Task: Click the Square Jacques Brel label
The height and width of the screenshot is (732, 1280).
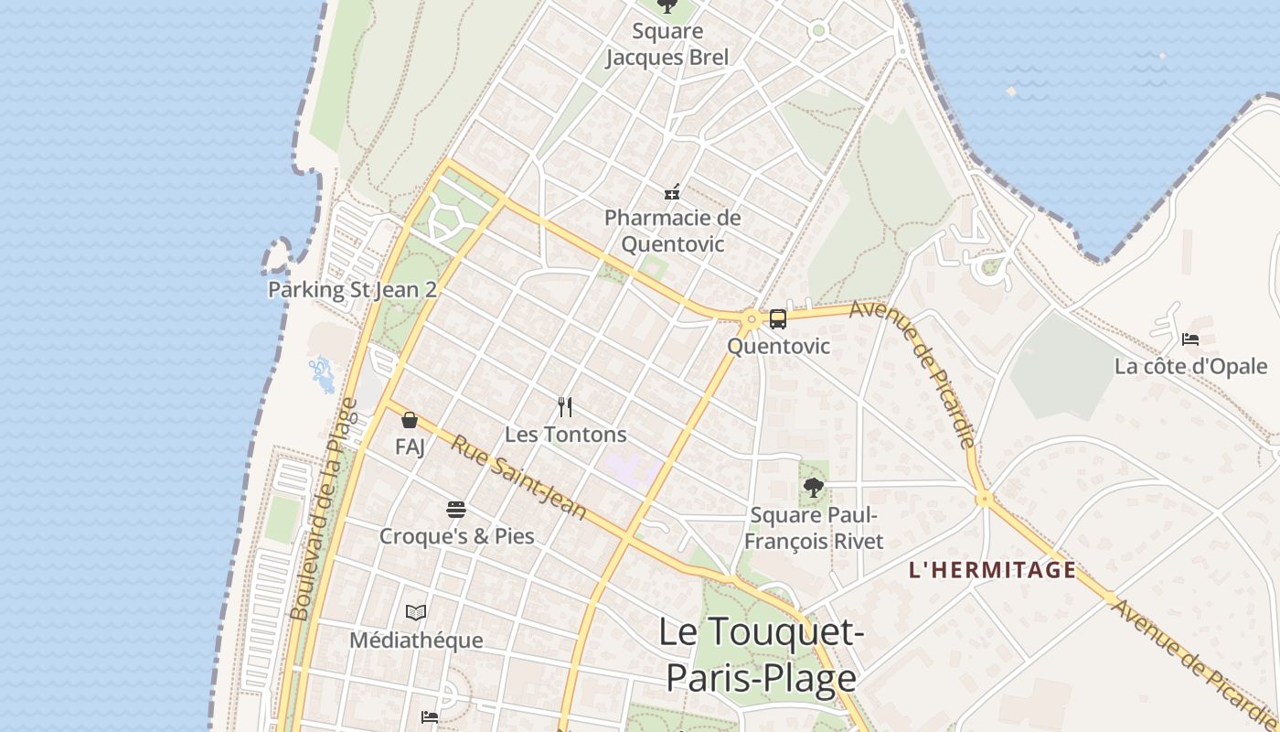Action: [667, 45]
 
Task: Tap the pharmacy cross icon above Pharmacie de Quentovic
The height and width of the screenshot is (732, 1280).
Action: [672, 192]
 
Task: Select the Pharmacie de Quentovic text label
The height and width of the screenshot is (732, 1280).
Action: [673, 231]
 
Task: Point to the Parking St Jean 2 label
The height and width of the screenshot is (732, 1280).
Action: [352, 290]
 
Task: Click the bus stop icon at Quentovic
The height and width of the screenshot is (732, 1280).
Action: [778, 319]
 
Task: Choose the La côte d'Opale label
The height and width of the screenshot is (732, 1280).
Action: [1190, 367]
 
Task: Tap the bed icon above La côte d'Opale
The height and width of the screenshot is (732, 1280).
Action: [1189, 339]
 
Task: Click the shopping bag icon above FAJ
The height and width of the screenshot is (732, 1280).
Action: [410, 420]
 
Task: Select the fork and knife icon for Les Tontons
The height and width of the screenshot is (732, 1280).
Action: [565, 407]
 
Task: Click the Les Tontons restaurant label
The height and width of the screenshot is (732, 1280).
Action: [566, 435]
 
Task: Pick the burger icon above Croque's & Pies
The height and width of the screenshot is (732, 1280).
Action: [456, 510]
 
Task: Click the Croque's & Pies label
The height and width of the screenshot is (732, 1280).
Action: [456, 536]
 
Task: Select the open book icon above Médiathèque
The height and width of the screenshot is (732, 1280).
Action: [416, 612]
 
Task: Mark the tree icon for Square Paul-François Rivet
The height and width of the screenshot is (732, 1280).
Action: [813, 488]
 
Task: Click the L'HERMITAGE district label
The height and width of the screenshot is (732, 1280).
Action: [992, 570]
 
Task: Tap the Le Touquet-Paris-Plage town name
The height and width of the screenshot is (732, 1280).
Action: [761, 655]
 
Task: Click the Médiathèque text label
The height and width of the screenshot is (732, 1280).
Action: [416, 640]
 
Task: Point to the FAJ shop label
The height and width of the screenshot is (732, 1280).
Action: [410, 447]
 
